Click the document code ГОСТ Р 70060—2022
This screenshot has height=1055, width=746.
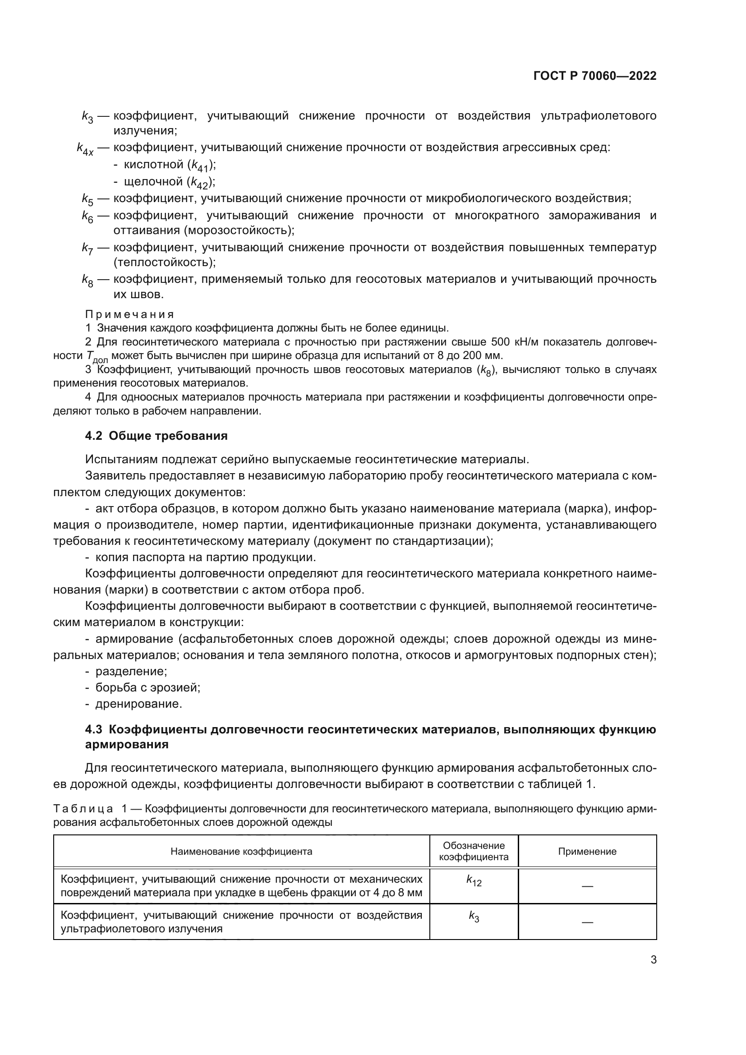point(595,76)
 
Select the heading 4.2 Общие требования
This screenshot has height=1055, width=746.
point(156,436)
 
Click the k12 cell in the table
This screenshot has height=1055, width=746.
point(474,880)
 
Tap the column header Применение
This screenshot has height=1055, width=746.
point(587,852)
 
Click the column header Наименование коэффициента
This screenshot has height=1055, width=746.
point(241,852)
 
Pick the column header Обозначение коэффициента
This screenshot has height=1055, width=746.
point(474,851)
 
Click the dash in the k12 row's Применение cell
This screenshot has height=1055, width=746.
point(587,886)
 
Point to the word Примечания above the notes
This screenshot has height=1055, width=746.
point(129,314)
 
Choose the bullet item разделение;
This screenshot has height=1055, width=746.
point(131,671)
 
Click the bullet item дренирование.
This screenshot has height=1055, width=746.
point(138,704)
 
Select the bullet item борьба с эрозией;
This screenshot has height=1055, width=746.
point(147,687)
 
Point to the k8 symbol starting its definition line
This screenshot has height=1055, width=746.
point(87,280)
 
